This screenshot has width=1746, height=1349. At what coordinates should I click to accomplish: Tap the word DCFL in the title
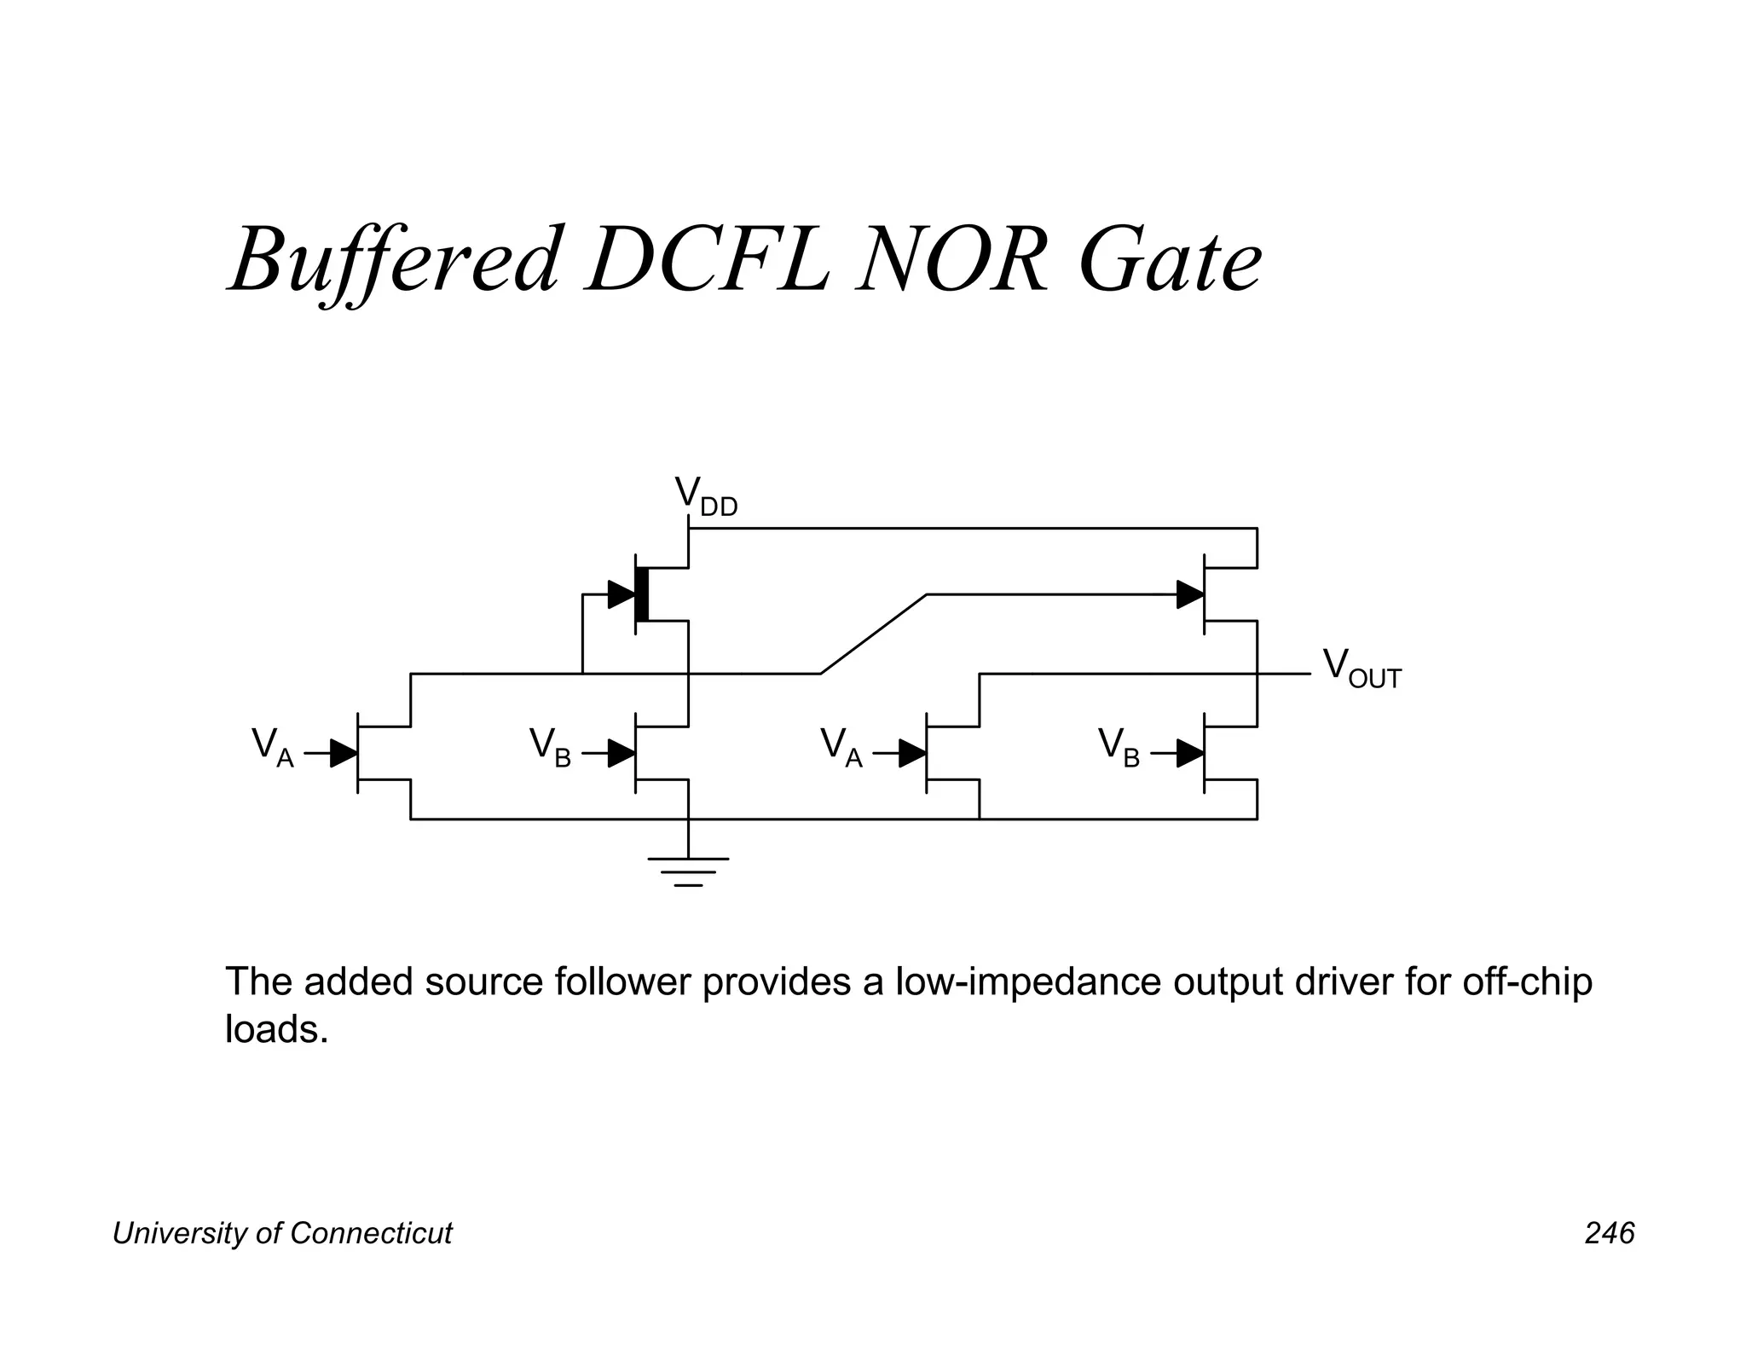click(707, 260)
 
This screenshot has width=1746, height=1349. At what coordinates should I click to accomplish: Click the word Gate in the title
click(1170, 260)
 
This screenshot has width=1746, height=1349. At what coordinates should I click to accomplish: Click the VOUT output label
click(1361, 669)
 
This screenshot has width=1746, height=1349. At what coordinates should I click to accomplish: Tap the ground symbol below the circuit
click(688, 871)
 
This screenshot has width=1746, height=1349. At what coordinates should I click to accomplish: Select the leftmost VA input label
click(272, 748)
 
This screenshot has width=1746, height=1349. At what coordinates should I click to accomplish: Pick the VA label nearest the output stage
click(841, 748)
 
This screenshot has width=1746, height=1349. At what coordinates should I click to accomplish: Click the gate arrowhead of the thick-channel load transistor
click(622, 594)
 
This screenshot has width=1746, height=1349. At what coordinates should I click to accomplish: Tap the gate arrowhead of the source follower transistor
click(1190, 594)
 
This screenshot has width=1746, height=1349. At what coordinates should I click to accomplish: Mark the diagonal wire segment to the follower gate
click(874, 634)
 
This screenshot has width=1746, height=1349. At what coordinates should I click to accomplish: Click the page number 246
click(1610, 1233)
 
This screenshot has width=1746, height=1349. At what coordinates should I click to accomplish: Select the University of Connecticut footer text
click(282, 1233)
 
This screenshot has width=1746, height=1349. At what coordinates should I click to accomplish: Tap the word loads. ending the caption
click(276, 1030)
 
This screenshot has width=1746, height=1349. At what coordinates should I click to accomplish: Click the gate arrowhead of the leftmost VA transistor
click(344, 754)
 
